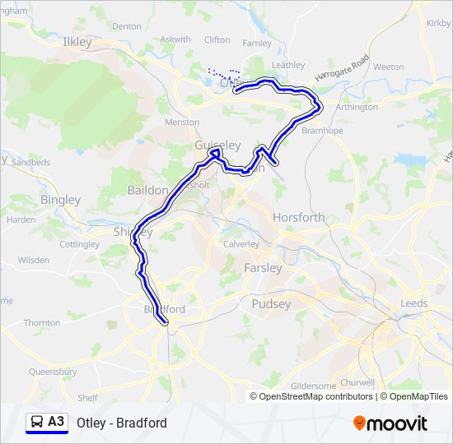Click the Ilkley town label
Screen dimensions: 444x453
pyautogui.click(x=77, y=40)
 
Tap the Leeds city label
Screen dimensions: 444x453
pyautogui.click(x=413, y=303)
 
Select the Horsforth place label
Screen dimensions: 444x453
pyautogui.click(x=298, y=218)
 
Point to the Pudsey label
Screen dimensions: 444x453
pyautogui.click(x=271, y=303)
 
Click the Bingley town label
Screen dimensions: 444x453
pyautogui.click(x=61, y=200)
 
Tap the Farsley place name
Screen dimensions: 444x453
pyautogui.click(x=263, y=268)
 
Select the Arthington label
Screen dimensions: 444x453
pyautogui.click(x=357, y=107)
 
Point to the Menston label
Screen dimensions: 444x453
pyautogui.click(x=182, y=122)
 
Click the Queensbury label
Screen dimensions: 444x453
pyautogui.click(x=53, y=372)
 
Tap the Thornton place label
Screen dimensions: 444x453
pyautogui.click(x=42, y=323)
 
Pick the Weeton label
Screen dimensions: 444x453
pyautogui.click(x=388, y=67)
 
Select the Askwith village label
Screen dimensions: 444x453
pyautogui.click(x=175, y=39)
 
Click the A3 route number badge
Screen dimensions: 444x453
pyautogui.click(x=56, y=422)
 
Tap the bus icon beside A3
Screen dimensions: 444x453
pyautogui.click(x=37, y=423)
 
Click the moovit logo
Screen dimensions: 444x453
pyautogui.click(x=390, y=423)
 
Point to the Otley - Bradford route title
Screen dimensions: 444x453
pyautogui.click(x=122, y=423)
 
